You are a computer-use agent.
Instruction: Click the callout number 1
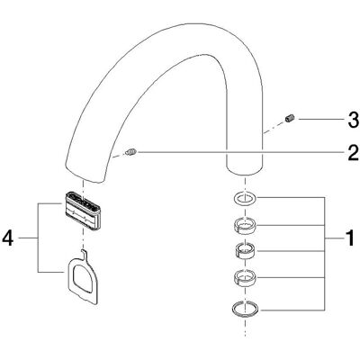[349, 238]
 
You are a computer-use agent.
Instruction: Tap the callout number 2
[353, 153]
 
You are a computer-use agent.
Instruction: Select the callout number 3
[354, 120]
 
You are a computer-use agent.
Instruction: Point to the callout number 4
[8, 238]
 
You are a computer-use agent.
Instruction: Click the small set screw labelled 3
[290, 119]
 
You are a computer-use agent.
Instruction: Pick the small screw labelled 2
[131, 152]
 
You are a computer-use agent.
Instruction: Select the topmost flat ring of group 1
[246, 198]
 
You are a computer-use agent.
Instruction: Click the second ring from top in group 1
[246, 225]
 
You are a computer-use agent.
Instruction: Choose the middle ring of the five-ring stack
[246, 250]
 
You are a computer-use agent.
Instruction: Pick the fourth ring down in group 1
[246, 277]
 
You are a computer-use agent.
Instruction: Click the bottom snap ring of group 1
[246, 308]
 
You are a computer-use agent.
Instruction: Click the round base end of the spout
[246, 168]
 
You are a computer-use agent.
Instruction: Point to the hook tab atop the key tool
[84, 254]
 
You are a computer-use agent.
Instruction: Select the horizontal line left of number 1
[334, 238]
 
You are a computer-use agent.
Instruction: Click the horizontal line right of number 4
[29, 238]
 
